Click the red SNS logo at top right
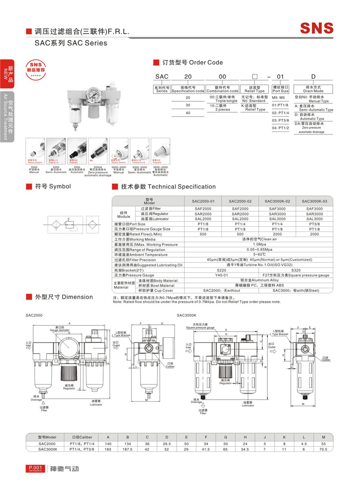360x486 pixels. tap(317, 27)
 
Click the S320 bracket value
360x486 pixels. tap(296, 270)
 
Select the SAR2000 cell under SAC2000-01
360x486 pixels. tap(203, 213)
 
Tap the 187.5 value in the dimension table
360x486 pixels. tap(128, 449)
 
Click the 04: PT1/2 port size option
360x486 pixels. tap(280, 128)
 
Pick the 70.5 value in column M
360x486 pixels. tap(324, 449)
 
